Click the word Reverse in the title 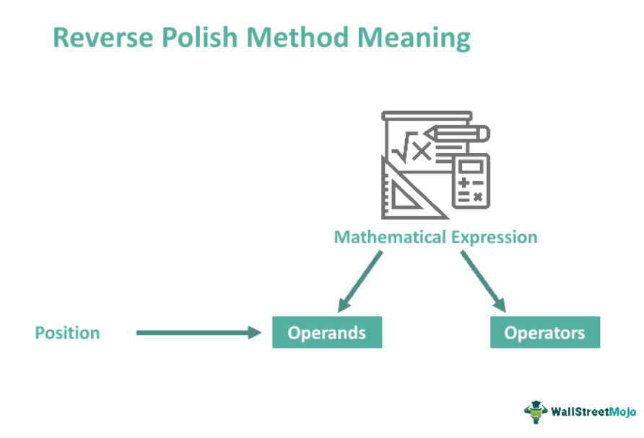click(x=103, y=38)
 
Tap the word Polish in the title click(x=199, y=38)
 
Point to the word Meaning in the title click(x=414, y=38)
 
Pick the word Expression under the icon click(x=494, y=237)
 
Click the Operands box click(x=327, y=332)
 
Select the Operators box click(x=544, y=332)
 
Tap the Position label click(x=67, y=333)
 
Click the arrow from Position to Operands click(x=199, y=333)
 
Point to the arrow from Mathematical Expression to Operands click(x=360, y=281)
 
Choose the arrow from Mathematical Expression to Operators click(x=483, y=281)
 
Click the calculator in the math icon click(x=471, y=181)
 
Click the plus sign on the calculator click(x=464, y=183)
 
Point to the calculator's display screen click(x=471, y=166)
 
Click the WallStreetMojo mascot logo click(x=536, y=412)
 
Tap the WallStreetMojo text click(x=593, y=411)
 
